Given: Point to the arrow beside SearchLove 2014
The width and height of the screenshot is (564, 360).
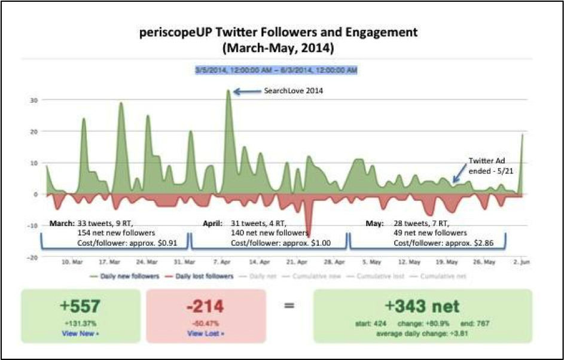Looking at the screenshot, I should point(245,91).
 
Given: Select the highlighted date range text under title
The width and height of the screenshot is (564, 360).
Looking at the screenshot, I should point(276,71).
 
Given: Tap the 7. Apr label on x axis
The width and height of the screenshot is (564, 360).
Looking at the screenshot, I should point(222,262).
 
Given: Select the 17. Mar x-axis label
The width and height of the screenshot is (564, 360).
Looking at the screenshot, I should point(109,262).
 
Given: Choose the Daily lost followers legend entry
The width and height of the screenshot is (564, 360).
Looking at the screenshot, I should point(199,276).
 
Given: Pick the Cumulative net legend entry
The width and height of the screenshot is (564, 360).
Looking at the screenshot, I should point(443,276).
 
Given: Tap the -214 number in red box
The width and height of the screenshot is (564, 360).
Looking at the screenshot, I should point(205,306).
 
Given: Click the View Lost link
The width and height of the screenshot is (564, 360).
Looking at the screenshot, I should point(205,333).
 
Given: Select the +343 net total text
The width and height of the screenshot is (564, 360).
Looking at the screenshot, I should point(422,307).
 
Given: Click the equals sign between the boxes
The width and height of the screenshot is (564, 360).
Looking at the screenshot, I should point(289,306).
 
